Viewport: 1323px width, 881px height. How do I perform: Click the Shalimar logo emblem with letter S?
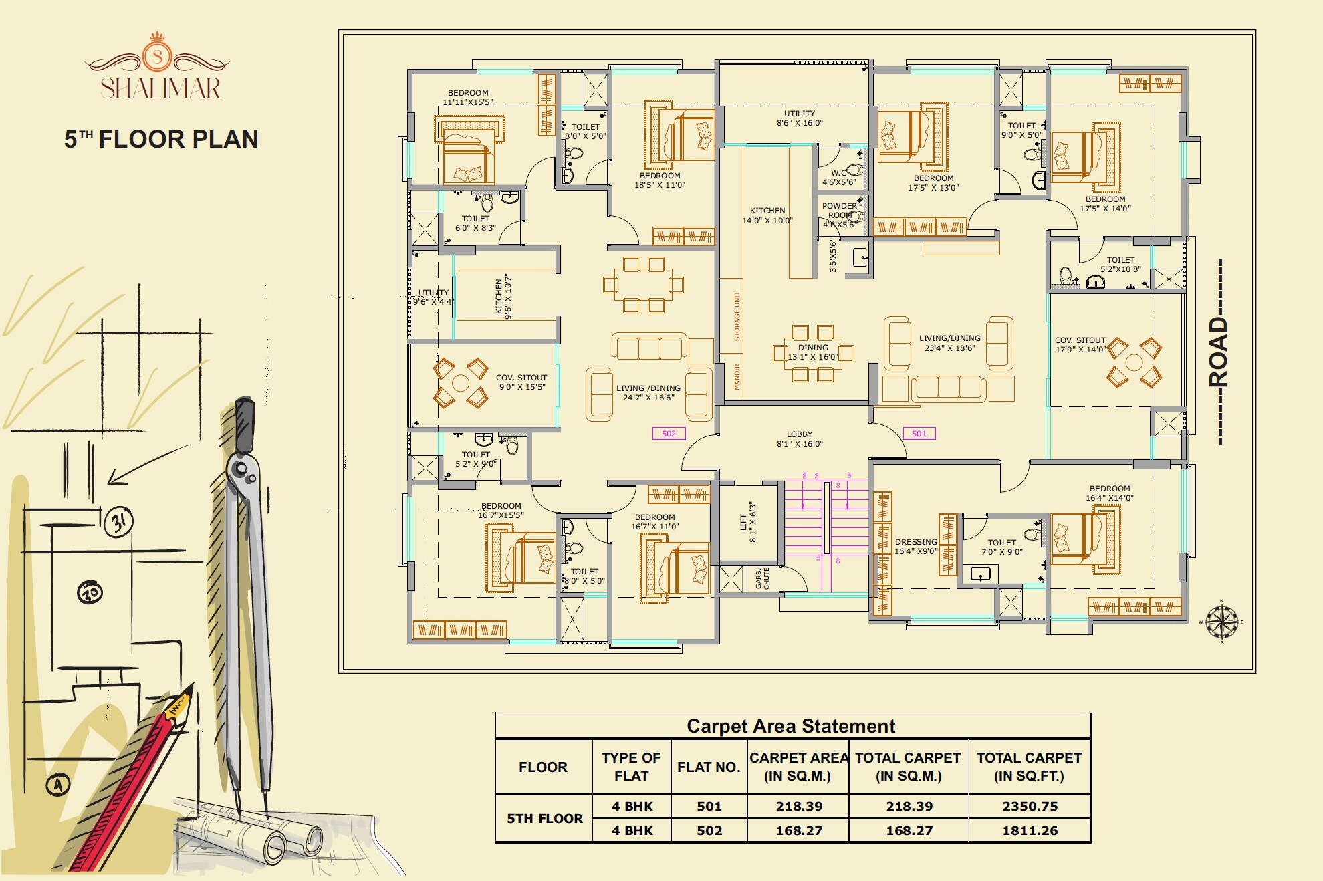coord(157,55)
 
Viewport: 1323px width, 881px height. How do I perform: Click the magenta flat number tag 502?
coord(669,434)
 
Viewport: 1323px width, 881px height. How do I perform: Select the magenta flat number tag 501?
coord(919,434)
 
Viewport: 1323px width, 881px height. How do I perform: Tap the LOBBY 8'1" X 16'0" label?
coord(800,439)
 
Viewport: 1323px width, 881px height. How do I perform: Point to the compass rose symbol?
coord(1222,622)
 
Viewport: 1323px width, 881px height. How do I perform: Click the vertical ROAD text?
coord(1219,352)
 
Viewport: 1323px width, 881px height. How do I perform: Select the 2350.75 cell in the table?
coord(1030,807)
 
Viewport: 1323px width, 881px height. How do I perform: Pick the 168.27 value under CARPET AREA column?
coord(799,831)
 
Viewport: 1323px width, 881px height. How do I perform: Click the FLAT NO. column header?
coord(709,767)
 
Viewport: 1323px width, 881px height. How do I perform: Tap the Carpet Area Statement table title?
coord(791,726)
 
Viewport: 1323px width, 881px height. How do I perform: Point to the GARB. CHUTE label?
coord(763,578)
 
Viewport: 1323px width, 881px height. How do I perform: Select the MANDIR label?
coord(737,377)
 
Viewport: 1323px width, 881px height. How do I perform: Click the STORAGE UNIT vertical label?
coord(737,316)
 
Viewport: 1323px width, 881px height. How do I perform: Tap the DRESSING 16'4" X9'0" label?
coord(916,547)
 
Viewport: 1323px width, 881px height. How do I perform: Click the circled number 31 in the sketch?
coord(119,521)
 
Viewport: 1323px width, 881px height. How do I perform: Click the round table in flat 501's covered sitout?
coord(1134,362)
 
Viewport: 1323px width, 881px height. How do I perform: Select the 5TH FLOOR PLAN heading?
coord(161,139)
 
